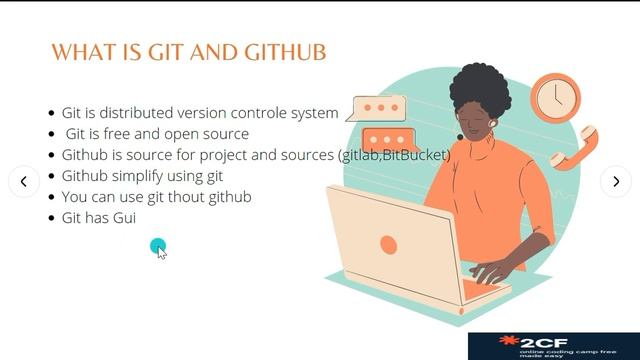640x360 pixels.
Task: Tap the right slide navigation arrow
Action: [615, 181]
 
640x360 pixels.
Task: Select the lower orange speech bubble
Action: [390, 141]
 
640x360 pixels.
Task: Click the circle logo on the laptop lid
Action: [388, 244]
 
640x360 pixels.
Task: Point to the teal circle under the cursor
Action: [158, 246]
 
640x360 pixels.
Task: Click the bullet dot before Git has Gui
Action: [52, 217]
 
